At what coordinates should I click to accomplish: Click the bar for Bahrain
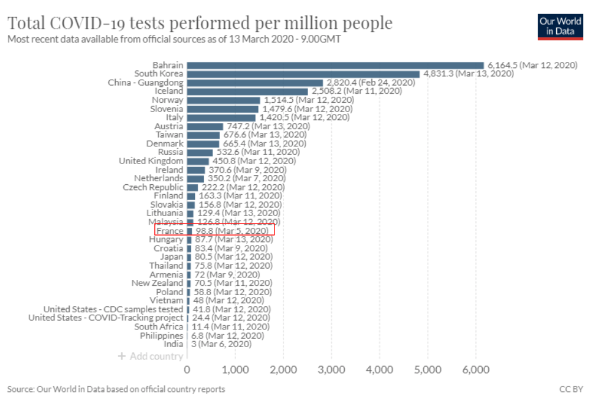[x=335, y=65]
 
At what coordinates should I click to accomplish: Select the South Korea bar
[x=303, y=73]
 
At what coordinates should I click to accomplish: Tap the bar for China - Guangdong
[x=254, y=83]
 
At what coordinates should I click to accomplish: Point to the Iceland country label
[x=168, y=91]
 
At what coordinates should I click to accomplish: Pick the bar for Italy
[x=221, y=118]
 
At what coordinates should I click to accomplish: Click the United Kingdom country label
[x=151, y=161]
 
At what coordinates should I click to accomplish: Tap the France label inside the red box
[x=170, y=231]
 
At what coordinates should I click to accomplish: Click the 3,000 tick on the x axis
[x=331, y=370]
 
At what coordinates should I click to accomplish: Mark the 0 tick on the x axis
[x=187, y=370]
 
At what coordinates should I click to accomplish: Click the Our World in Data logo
[x=560, y=26]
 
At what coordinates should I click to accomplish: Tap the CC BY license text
[x=571, y=389]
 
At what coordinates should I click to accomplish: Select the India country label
[x=173, y=345]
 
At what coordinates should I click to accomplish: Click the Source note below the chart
[x=116, y=389]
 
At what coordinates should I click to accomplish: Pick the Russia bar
[x=200, y=152]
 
